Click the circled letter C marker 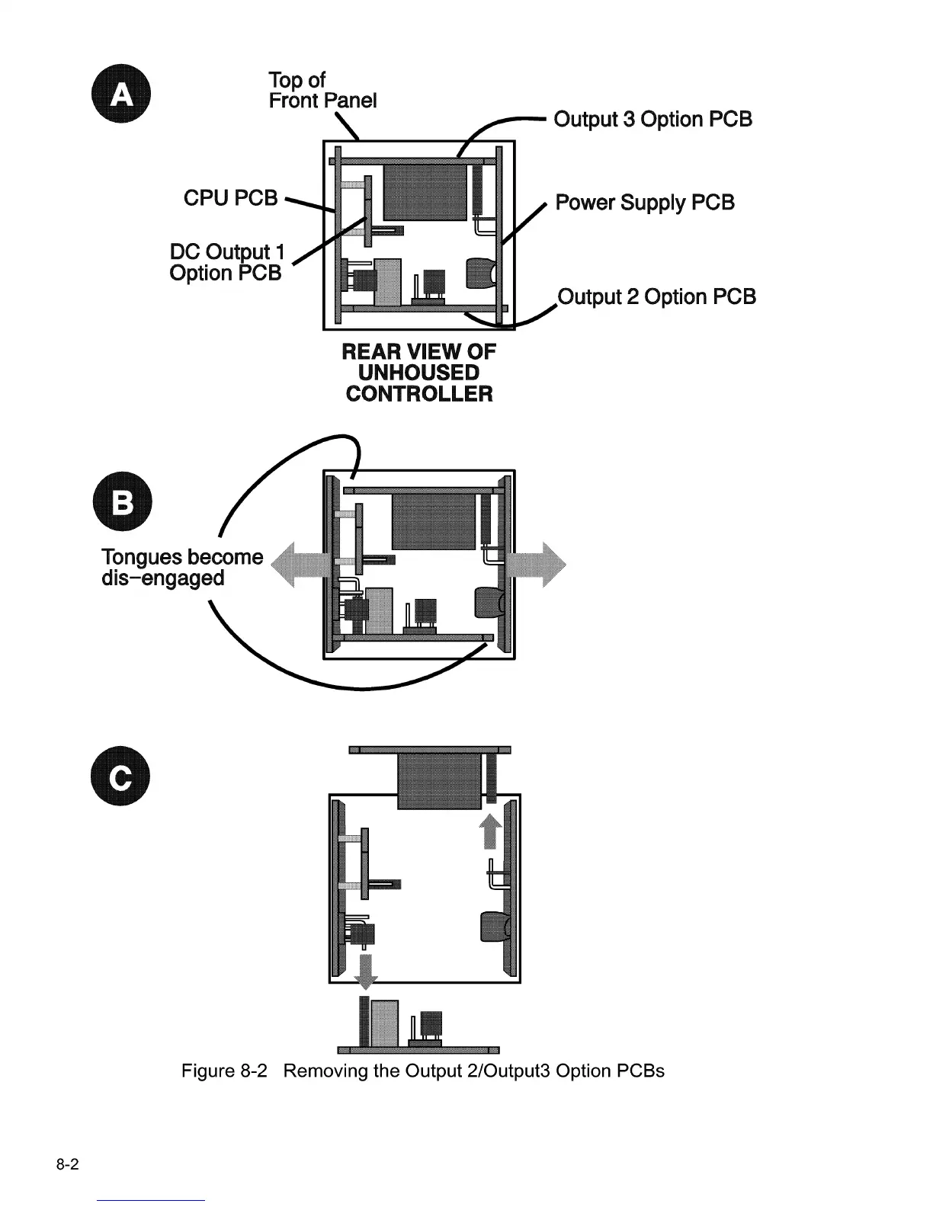coord(120,778)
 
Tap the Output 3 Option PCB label coord(652,120)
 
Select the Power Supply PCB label coord(645,203)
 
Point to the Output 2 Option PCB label coord(657,296)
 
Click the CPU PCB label coord(231,198)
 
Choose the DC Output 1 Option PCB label coord(226,263)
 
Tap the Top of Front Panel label coord(322,91)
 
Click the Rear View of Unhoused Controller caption coord(418,373)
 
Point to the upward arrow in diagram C coord(491,829)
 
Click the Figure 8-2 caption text coord(422,1071)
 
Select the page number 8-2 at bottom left coord(67,1165)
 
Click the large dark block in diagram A coord(424,192)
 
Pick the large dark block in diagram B coord(433,521)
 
